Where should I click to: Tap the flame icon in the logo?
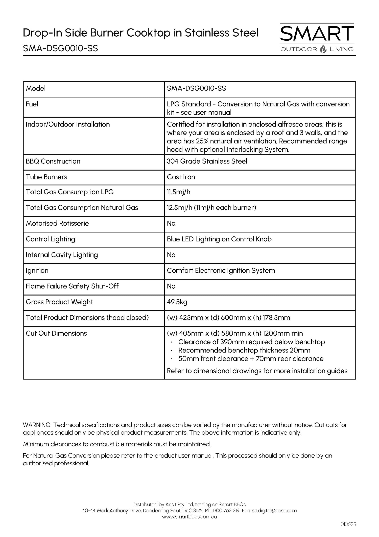tap(323, 49)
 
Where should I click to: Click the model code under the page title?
tap(60, 48)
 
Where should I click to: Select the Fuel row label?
tap(32, 104)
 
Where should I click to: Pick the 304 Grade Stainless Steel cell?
tap(207, 161)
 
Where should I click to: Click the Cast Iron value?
tap(181, 177)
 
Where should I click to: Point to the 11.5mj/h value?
tap(178, 192)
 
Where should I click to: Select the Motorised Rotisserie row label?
tap(57, 223)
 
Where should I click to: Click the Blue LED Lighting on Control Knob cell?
tap(219, 239)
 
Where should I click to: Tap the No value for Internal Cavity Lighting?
tap(171, 255)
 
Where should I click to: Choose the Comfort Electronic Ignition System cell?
tap(221, 271)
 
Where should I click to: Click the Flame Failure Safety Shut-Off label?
tap(72, 286)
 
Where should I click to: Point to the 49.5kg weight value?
tap(177, 302)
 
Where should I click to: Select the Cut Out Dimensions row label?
tap(56, 333)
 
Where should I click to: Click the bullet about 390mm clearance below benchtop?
tap(251, 342)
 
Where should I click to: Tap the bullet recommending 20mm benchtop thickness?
tap(244, 350)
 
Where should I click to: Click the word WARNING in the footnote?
tap(37, 425)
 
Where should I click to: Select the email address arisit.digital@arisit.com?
tap(272, 511)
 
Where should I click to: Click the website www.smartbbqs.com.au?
tap(189, 517)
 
